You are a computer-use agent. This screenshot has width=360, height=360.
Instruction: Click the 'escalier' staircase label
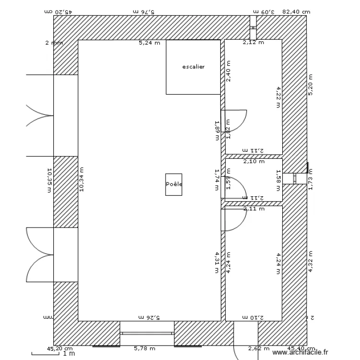coord(193,67)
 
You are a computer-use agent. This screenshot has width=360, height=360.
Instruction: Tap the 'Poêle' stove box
coord(174,184)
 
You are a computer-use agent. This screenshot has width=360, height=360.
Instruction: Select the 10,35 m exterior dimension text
coord(49,180)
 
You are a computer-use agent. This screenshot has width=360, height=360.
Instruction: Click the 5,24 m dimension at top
coord(149,43)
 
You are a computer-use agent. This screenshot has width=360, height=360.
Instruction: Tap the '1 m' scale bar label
coord(69,354)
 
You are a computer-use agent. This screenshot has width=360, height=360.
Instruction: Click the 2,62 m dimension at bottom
coord(258,349)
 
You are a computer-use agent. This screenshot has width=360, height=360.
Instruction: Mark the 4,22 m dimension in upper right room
coord(278,97)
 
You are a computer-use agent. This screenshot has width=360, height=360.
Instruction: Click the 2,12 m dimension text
coord(253,43)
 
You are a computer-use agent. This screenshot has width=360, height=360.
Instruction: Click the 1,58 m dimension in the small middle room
coord(278,179)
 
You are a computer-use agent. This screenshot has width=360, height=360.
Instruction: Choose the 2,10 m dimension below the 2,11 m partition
coord(253,161)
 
